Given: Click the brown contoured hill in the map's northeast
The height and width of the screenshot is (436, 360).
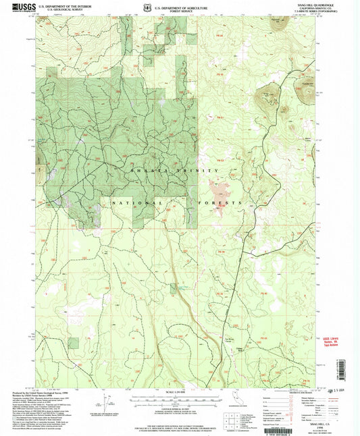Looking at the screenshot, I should coord(267,99).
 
